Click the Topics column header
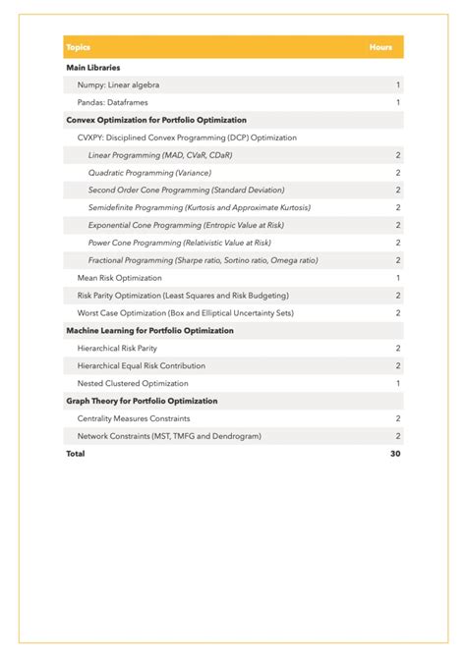[78, 47]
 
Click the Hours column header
[380, 47]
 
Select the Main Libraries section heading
[93, 68]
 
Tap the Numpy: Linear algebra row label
[118, 85]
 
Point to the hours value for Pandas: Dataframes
[397, 102]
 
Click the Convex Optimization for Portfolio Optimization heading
[155, 120]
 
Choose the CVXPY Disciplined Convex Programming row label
[187, 137]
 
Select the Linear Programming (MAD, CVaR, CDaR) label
[160, 155]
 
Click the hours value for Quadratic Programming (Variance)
[397, 173]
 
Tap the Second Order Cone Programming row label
[186, 190]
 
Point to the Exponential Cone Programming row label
[193, 225]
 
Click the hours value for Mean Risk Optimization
[397, 278]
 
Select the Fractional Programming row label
[203, 260]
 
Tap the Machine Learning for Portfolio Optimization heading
[149, 331]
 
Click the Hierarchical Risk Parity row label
[117, 349]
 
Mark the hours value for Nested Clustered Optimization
[397, 383]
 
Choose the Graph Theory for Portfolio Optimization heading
[142, 401]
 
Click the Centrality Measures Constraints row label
[134, 418]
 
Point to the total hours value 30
[395, 454]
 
